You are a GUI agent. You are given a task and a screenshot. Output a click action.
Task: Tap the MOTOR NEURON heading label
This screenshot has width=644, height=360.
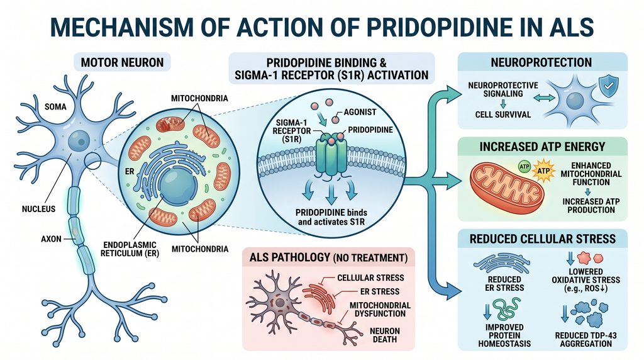[122, 62]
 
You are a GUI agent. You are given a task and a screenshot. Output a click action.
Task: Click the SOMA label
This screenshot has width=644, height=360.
[55, 107]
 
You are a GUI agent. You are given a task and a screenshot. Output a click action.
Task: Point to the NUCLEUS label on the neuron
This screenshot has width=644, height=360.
[38, 209]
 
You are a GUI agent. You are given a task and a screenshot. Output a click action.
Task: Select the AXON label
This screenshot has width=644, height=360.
[51, 239]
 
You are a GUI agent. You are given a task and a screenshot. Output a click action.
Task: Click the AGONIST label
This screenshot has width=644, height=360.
[360, 112]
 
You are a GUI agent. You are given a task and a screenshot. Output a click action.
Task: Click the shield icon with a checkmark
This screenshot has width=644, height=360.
[609, 86]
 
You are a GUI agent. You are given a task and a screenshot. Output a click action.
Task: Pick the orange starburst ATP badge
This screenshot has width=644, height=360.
[543, 171]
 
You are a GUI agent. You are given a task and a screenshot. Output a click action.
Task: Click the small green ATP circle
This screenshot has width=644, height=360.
[525, 167]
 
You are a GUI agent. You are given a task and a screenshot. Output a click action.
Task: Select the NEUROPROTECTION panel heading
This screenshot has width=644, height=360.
[541, 62]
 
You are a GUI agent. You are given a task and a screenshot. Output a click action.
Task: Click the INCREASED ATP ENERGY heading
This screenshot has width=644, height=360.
[542, 147]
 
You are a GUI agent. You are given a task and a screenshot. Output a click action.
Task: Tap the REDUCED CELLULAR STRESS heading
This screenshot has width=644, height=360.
[543, 239]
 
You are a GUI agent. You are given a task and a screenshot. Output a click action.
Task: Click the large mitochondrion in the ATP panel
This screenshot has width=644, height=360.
[508, 187]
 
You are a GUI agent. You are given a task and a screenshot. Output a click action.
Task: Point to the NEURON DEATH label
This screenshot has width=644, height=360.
[385, 335]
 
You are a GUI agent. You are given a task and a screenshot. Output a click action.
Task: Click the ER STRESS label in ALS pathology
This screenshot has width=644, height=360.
[379, 291]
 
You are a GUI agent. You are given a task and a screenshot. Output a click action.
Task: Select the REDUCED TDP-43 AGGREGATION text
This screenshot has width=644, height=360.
[586, 339]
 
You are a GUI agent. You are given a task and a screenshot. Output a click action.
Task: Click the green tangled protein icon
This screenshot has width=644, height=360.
[506, 309]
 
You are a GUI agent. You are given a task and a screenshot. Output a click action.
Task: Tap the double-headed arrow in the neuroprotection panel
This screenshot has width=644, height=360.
[544, 98]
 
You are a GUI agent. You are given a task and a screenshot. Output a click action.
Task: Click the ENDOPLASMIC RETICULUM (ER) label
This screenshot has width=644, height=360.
[130, 249]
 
